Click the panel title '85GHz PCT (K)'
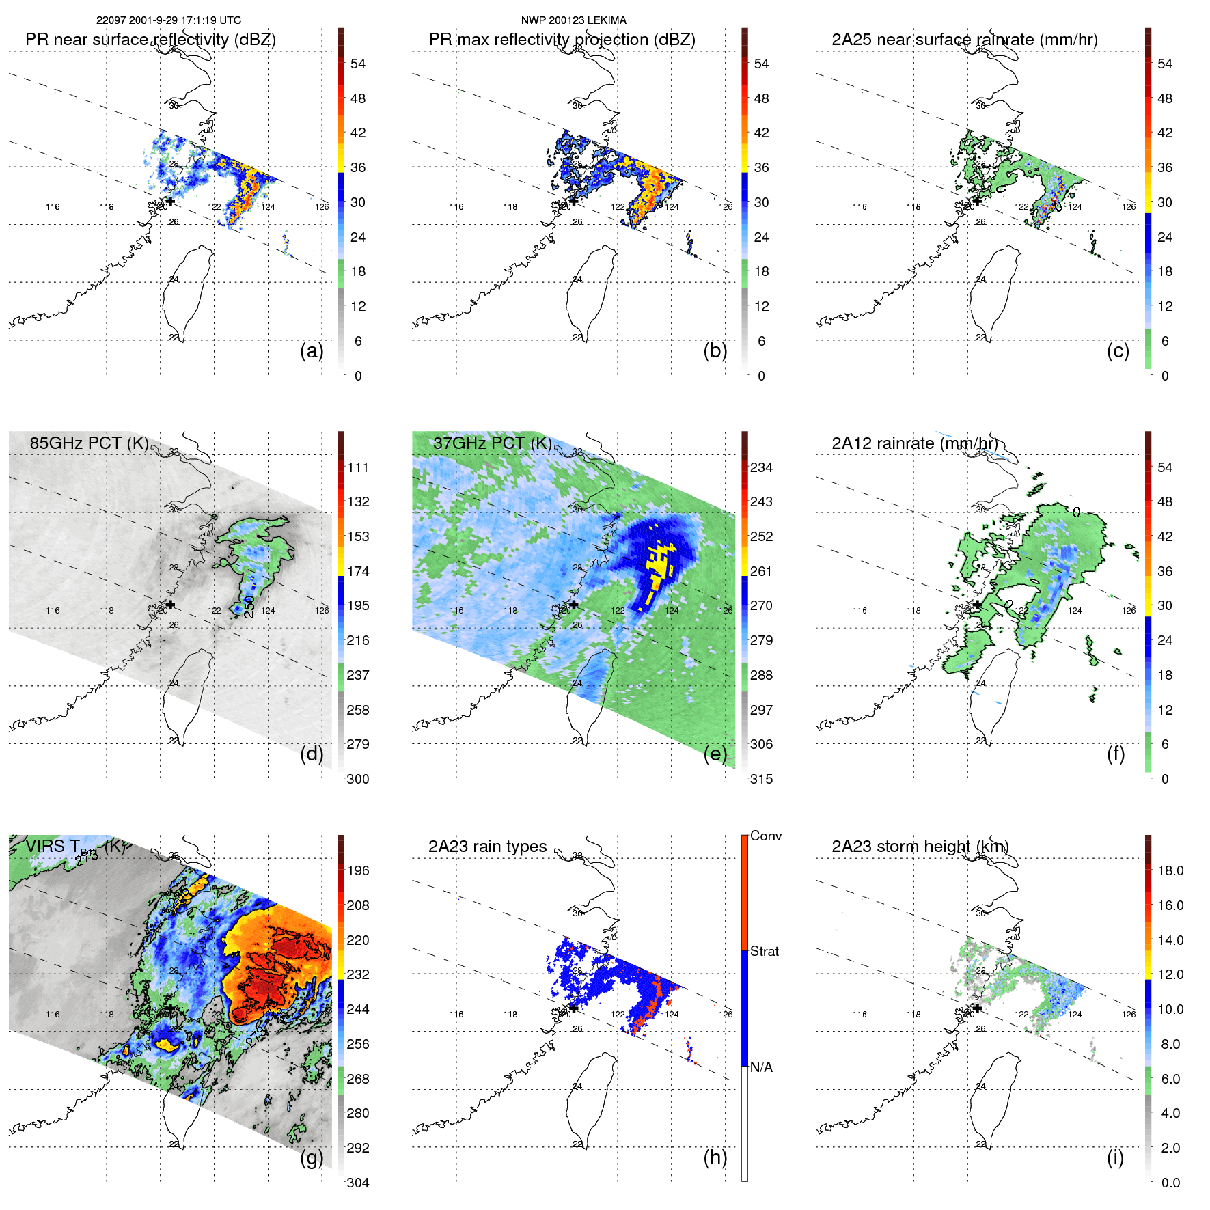click(x=89, y=443)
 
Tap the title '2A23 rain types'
click(x=487, y=847)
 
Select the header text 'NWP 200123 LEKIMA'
click(x=573, y=20)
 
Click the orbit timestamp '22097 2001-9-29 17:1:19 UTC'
click(x=169, y=20)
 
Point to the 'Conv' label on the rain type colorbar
click(x=765, y=836)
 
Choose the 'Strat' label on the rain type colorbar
click(x=764, y=951)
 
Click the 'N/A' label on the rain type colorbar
click(x=761, y=1067)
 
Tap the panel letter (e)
click(x=715, y=754)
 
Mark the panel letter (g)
click(x=312, y=1157)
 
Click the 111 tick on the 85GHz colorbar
click(x=358, y=467)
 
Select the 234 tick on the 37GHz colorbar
click(x=761, y=467)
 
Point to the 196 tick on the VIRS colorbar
click(x=358, y=870)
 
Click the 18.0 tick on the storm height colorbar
click(x=1170, y=870)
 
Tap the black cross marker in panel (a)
click(x=170, y=202)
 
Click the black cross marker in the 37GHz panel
click(x=574, y=605)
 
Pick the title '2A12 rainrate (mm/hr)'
click(x=914, y=443)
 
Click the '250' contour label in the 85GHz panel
click(x=249, y=607)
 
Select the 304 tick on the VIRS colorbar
click(x=358, y=1183)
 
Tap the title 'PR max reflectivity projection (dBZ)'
click(x=562, y=40)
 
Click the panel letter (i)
click(x=1115, y=1157)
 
